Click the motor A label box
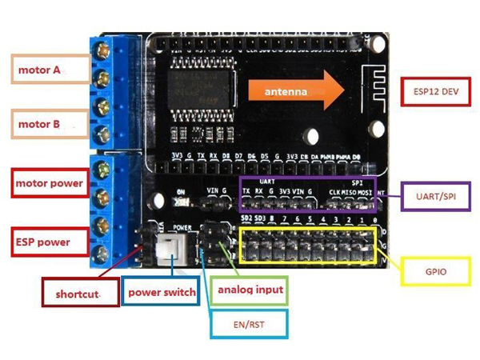(x=49, y=70)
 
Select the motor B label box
(x=49, y=125)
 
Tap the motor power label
(x=49, y=183)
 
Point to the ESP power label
(x=49, y=242)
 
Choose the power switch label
(x=162, y=292)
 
